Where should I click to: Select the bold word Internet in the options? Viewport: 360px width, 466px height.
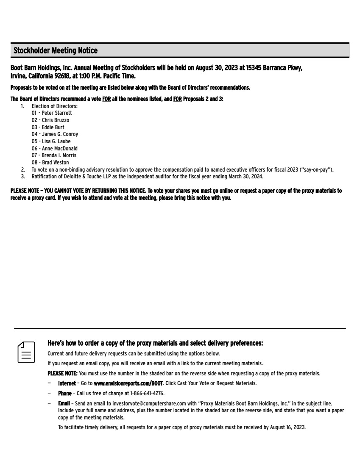[x=67, y=383]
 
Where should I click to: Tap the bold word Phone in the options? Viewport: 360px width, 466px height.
[x=64, y=394]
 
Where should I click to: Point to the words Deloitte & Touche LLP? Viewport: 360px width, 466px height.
[x=81, y=176]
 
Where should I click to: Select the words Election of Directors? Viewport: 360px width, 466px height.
[x=55, y=106]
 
